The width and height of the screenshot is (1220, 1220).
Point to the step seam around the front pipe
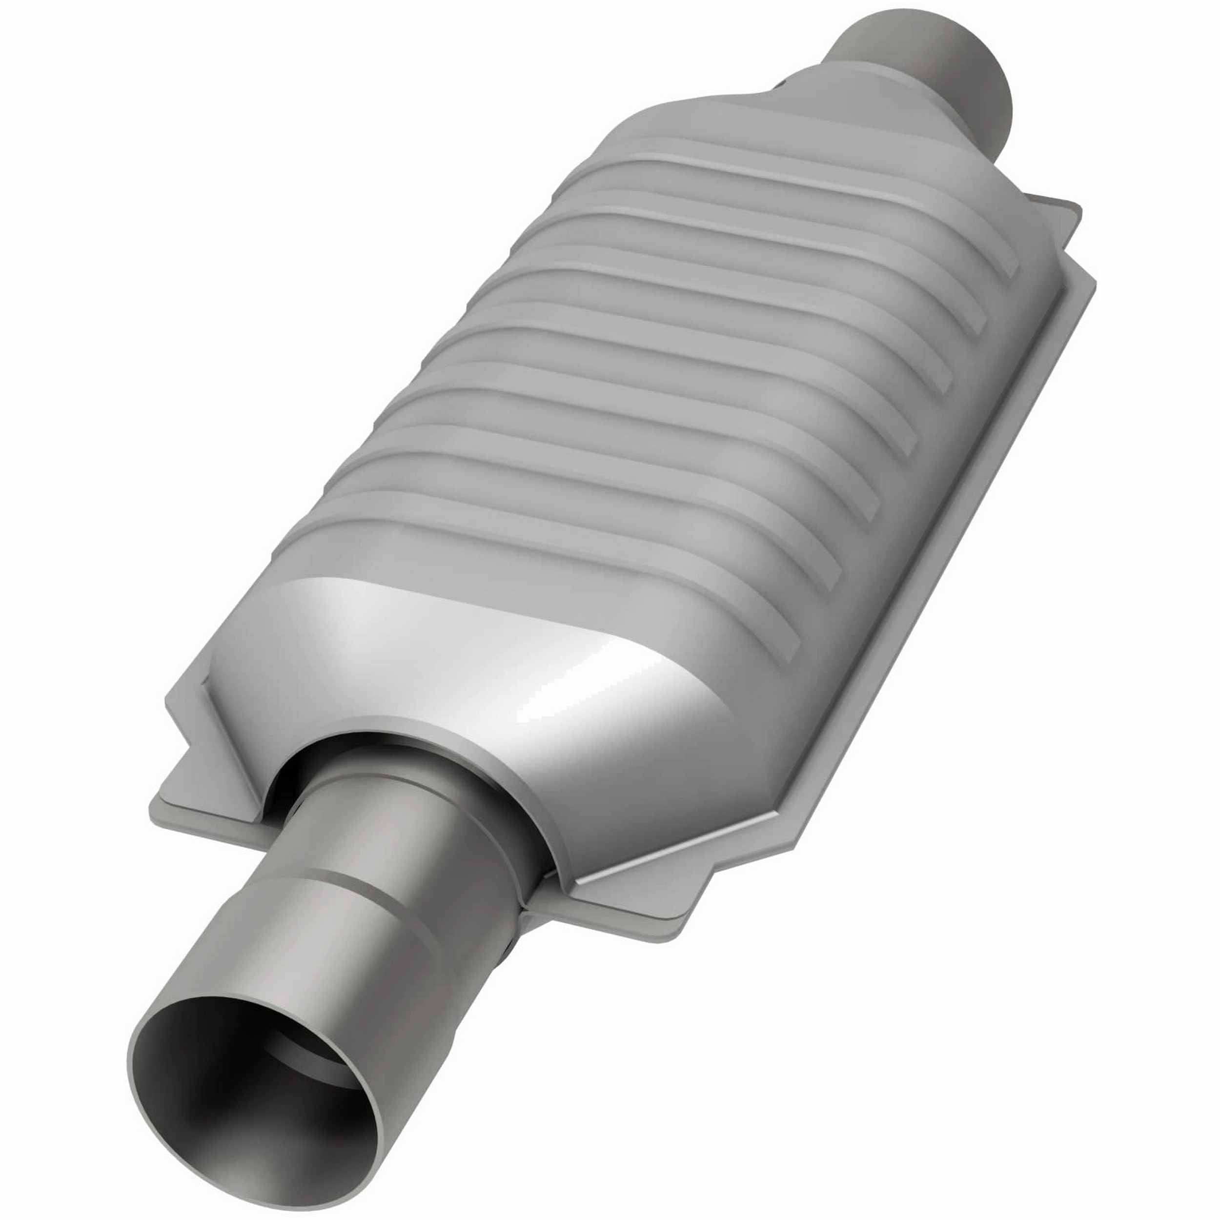pos(354,884)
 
